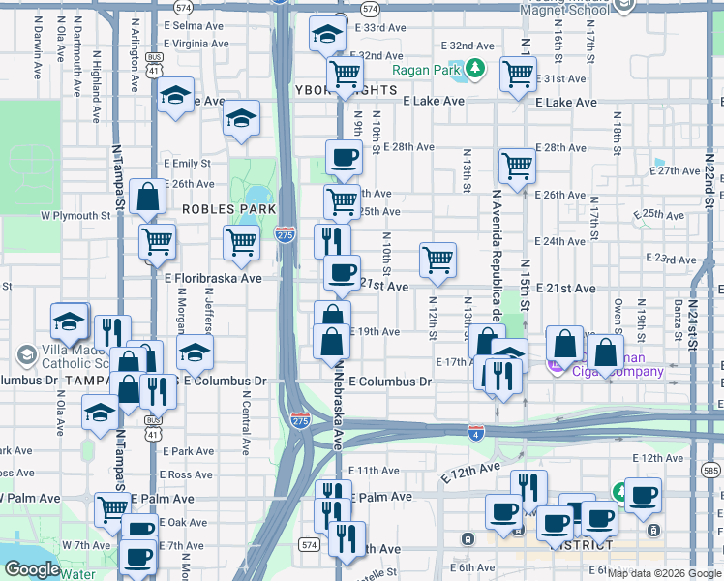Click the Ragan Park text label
point(426,70)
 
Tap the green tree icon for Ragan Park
point(474,69)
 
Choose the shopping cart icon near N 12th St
point(437,260)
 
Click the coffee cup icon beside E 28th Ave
point(343,157)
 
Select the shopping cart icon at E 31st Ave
point(518,73)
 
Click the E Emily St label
point(187,164)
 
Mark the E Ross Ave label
point(188,475)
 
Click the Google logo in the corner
point(32,569)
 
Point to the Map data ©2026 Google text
point(663,573)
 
